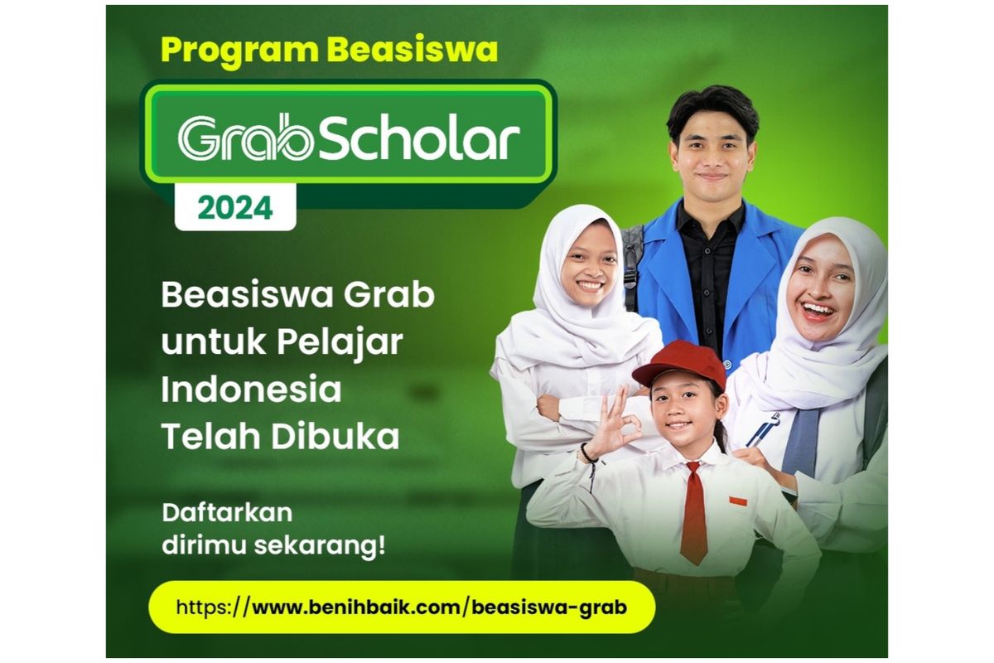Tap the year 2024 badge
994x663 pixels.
point(234,207)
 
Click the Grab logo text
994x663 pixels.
point(246,137)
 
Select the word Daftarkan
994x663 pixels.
point(227,512)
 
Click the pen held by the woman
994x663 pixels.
point(764,429)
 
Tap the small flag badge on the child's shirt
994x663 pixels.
point(736,501)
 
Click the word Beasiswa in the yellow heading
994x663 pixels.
point(413,50)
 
